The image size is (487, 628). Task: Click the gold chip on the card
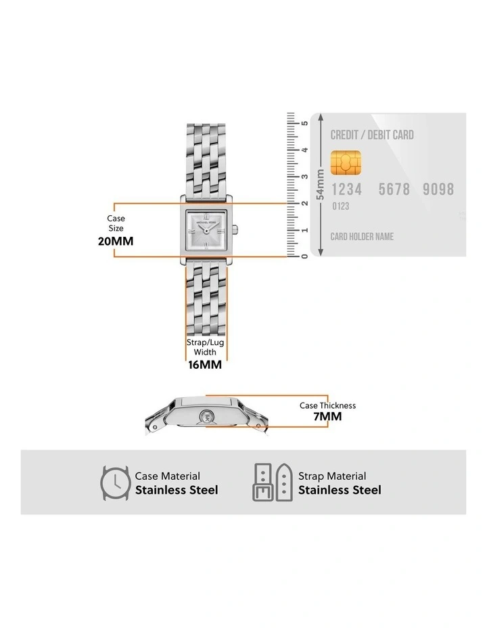point(345,161)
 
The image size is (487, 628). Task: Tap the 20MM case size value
point(116,240)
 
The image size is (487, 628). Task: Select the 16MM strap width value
point(204,363)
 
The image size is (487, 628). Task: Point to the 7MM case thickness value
point(327,416)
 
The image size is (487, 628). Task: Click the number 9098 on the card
point(438,189)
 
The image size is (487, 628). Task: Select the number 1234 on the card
point(346,189)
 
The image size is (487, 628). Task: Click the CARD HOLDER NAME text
point(361,237)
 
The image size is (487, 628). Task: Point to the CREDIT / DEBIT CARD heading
point(371,135)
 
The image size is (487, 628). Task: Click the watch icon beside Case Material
point(115,483)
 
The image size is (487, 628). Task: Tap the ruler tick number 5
point(305,123)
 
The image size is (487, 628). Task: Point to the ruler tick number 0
point(305,256)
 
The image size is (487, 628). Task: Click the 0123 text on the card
point(340,206)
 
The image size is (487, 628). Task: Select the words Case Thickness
point(327,405)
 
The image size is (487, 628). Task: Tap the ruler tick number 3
point(305,176)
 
